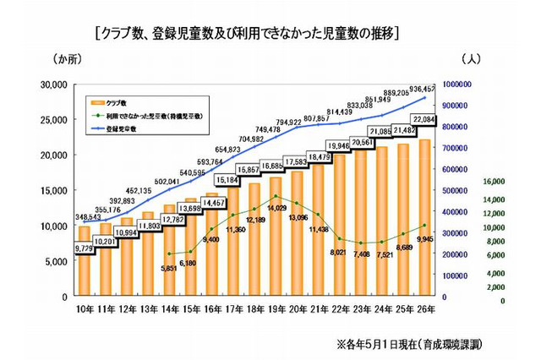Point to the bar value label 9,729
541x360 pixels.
coord(83,248)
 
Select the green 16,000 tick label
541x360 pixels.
coord(493,181)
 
